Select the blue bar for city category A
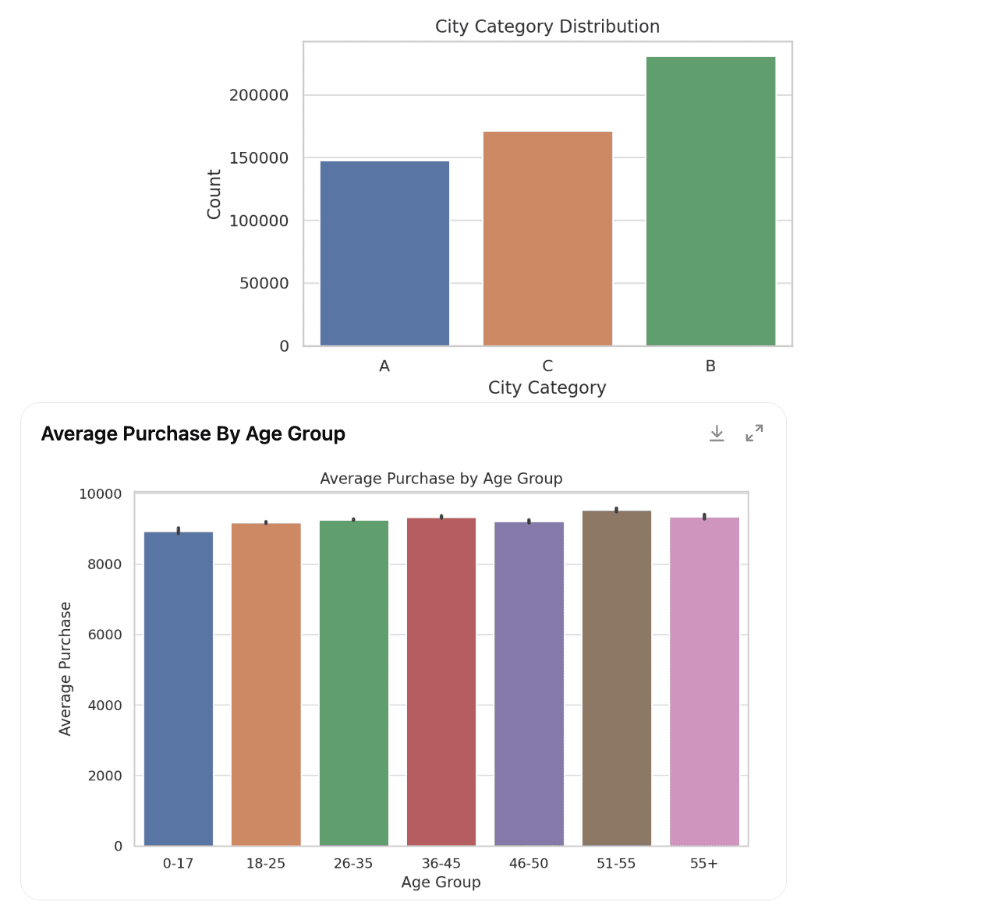coord(384,253)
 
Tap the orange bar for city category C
coord(547,239)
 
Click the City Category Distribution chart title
coord(547,27)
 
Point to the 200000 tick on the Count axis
coord(259,95)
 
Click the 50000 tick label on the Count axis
coord(264,284)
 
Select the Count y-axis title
coord(214,194)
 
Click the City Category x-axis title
coord(547,387)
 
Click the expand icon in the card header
coord(754,433)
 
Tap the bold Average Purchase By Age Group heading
coord(193,434)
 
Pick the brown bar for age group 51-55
coord(616,678)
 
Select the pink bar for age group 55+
coord(704,681)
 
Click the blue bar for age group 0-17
coord(179,689)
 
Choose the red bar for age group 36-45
coord(441,681)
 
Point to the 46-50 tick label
coord(529,864)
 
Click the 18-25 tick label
coord(266,864)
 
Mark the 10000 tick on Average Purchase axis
coord(101,494)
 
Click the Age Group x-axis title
coord(441,882)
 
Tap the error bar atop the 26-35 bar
coord(353,519)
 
